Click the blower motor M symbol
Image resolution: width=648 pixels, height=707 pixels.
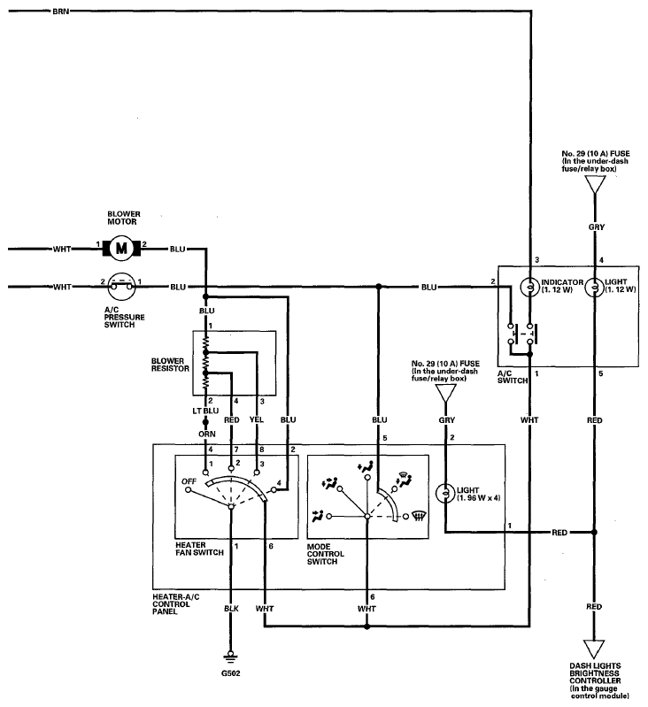tap(122, 248)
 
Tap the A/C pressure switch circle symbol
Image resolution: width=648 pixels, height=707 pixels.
tap(122, 287)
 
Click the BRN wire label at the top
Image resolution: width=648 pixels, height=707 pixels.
tap(61, 12)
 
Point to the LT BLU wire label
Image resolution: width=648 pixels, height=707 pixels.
tap(205, 411)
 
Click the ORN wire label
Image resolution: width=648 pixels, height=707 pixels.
tap(207, 434)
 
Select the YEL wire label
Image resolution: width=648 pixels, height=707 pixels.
tap(257, 419)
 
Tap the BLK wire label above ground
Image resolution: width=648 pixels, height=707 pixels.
tap(231, 609)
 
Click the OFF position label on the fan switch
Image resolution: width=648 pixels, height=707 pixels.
tap(189, 481)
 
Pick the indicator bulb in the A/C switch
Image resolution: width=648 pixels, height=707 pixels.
tap(530, 287)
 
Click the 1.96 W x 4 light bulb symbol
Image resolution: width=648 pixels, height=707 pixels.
tap(445, 493)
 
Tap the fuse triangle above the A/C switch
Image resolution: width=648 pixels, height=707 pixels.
tap(595, 184)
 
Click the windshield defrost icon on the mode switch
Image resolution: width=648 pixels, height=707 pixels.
tap(420, 516)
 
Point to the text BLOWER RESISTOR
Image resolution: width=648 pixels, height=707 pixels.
tap(170, 365)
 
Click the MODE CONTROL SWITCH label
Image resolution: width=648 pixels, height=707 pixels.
tap(325, 554)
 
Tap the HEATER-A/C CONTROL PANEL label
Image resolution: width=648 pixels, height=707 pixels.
tap(176, 604)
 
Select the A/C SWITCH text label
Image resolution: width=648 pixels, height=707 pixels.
tap(513, 377)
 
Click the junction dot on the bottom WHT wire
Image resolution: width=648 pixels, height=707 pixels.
tap(367, 626)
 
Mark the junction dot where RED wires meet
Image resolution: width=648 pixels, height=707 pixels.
tap(594, 533)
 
